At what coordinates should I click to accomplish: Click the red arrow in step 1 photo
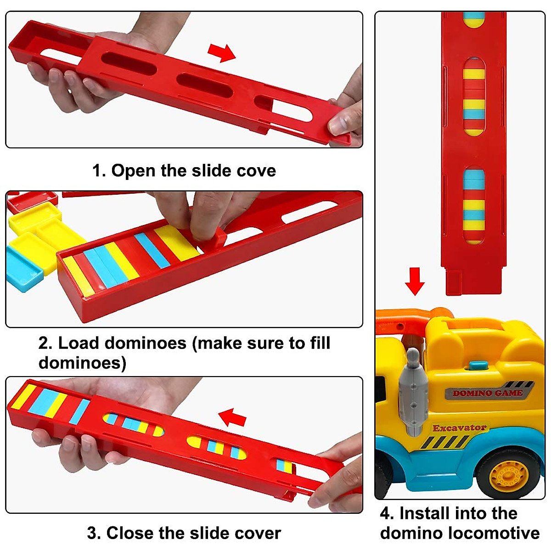221,52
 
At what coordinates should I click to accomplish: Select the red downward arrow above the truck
415,281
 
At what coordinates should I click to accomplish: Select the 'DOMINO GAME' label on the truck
487,393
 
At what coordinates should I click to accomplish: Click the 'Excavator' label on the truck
459,428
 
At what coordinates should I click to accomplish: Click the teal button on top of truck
478,366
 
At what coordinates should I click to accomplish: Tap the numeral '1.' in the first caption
99,171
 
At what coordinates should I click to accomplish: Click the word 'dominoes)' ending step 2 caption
82,363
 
